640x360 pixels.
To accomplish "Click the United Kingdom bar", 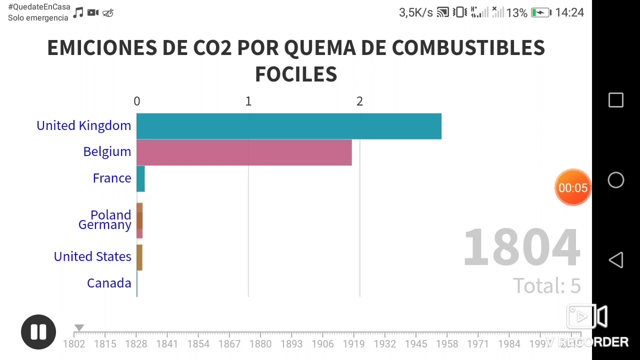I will point(288,126).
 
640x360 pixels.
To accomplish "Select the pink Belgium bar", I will point(244,152).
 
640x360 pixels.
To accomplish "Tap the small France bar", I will point(140,178).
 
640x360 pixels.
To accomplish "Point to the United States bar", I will point(139,257).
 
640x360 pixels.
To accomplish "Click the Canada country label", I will point(109,283).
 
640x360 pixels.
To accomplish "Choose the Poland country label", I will point(110,215).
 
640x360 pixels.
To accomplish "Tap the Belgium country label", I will point(107,151).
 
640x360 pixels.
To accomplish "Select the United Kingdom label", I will point(83,125).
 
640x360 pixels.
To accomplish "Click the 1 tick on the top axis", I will point(248,101).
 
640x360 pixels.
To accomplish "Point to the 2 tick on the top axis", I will point(359,101).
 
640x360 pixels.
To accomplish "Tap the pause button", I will point(38,332).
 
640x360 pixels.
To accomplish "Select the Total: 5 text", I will point(547,285).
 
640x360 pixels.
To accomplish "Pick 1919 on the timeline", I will point(353,344).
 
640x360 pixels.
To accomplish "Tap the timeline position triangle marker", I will point(79,328).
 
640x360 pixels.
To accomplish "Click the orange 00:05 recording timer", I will point(573,187).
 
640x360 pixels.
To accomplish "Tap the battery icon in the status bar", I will point(540,12).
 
